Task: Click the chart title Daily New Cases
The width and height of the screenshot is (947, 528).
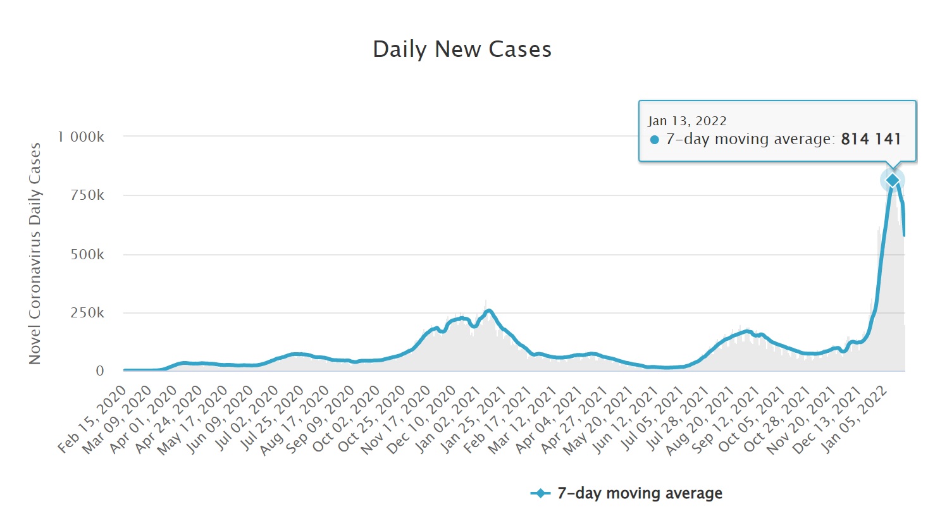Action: coord(462,49)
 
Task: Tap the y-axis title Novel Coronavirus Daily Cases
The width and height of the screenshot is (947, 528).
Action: coord(35,253)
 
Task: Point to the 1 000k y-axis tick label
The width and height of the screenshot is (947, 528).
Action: coord(81,137)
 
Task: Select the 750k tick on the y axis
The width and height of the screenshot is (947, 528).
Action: coord(87,195)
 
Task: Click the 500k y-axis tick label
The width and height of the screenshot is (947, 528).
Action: coord(87,254)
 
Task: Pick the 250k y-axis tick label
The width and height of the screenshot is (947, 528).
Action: coord(87,313)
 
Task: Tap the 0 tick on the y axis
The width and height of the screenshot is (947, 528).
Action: coord(99,371)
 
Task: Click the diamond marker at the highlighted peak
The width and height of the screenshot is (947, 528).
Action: coord(893,181)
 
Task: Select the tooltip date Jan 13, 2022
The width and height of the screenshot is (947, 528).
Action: coord(687,121)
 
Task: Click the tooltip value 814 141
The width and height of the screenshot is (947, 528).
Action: coord(870,139)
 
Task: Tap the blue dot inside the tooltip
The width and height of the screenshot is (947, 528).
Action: coord(655,140)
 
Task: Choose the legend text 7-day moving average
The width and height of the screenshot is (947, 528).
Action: coord(640,493)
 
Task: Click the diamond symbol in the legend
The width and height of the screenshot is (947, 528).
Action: coord(540,493)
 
